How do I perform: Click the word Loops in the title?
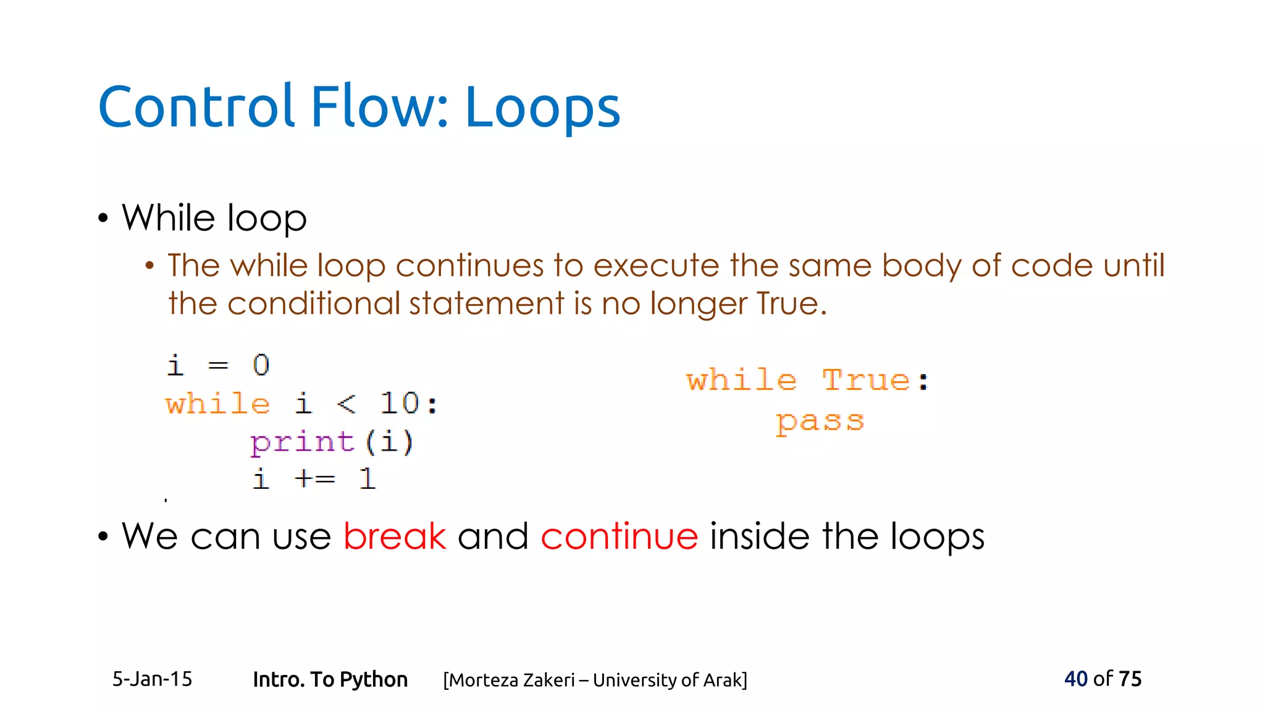(542, 108)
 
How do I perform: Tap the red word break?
(394, 536)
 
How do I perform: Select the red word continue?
(619, 536)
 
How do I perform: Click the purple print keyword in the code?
(302, 443)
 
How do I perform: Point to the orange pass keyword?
(820, 422)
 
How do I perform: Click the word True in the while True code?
(866, 380)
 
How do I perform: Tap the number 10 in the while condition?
(399, 404)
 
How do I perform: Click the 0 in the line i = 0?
(261, 365)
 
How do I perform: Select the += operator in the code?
(314, 479)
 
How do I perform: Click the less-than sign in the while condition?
(347, 404)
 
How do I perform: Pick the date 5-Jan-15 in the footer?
(152, 679)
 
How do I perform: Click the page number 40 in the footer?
(1075, 679)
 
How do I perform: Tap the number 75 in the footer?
(1130, 679)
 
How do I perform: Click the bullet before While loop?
(103, 219)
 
